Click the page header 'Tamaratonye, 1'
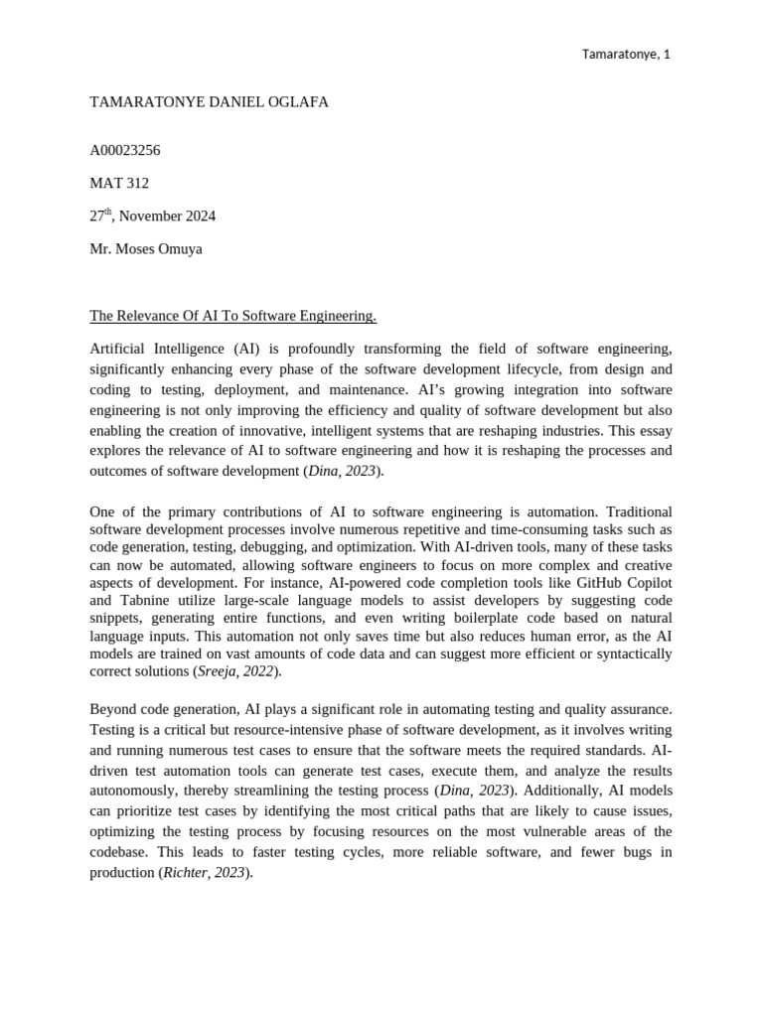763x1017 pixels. click(626, 54)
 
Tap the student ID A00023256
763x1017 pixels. click(125, 151)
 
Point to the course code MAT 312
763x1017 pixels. click(119, 184)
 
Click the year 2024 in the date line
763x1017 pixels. click(199, 217)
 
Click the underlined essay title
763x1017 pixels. click(233, 316)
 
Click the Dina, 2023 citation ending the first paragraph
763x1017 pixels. click(342, 471)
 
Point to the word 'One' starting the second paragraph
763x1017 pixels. click(103, 511)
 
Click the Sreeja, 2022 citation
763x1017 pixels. click(237, 672)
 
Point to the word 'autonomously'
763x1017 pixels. click(134, 791)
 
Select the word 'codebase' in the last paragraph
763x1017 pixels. click(119, 852)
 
